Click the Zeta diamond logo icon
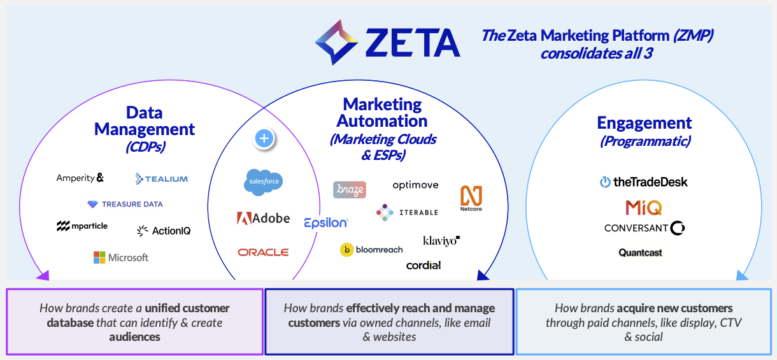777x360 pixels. (338, 42)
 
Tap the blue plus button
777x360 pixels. (264, 138)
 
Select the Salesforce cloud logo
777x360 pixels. (263, 182)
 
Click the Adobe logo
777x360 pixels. (263, 219)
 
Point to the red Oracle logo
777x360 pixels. (263, 252)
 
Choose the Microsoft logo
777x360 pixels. (121, 257)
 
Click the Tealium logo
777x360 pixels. (162, 179)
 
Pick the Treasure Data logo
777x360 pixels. (125, 205)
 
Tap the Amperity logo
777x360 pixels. (80, 178)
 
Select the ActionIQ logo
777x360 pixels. (164, 231)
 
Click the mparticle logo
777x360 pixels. (82, 226)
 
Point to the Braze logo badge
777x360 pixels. (349, 190)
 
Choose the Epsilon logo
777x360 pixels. (325, 222)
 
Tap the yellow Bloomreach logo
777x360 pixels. (371, 250)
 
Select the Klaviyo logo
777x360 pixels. (441, 241)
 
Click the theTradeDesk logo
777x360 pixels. (643, 182)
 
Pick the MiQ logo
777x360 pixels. (643, 208)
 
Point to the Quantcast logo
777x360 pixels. (640, 253)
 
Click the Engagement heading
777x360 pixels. (645, 122)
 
